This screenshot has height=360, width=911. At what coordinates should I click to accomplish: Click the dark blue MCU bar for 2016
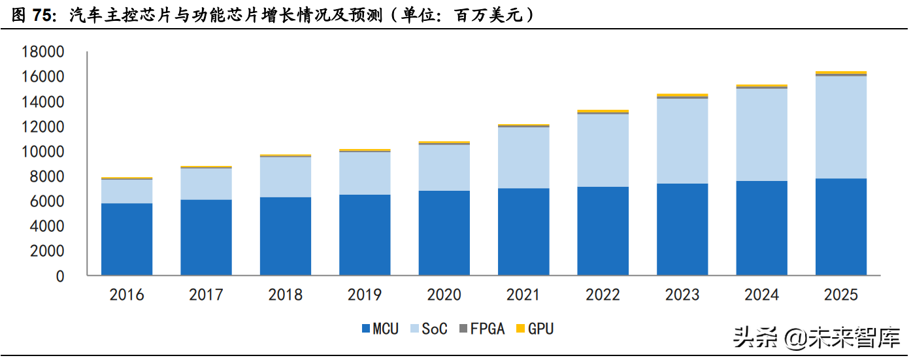click(x=127, y=239)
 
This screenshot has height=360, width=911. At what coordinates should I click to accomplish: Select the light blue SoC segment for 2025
click(x=841, y=127)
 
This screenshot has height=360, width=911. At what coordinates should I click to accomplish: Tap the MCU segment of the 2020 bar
click(x=444, y=233)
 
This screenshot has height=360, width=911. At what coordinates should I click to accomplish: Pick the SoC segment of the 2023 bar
click(x=682, y=140)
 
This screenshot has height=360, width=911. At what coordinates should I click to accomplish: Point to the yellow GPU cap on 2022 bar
click(x=603, y=111)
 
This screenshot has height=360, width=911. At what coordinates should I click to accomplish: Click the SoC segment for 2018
click(x=286, y=177)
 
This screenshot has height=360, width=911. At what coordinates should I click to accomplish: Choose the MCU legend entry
click(x=379, y=329)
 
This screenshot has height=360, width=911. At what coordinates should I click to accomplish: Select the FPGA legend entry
click(x=482, y=329)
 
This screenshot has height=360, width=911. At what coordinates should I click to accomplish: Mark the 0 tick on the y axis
click(x=60, y=276)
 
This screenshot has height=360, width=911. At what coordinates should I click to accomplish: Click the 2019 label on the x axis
click(x=365, y=295)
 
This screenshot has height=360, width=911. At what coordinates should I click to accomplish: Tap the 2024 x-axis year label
click(x=761, y=295)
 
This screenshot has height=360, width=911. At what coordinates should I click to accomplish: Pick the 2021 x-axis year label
click(x=523, y=295)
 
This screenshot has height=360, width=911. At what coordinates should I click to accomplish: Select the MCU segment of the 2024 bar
click(x=762, y=228)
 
